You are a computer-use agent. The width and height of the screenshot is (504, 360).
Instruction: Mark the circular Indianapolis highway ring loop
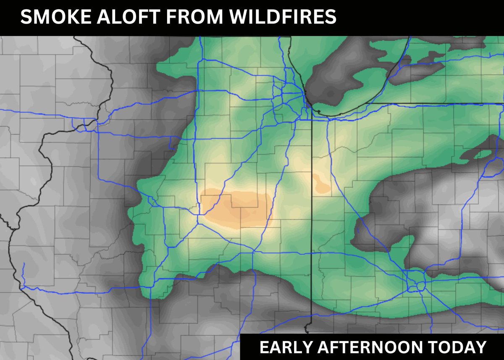coord(418,286)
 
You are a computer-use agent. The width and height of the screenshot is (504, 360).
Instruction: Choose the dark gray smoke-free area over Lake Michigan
coord(336,84)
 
